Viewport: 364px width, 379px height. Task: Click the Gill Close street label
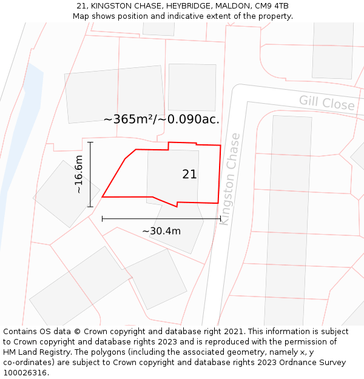[x=326, y=102]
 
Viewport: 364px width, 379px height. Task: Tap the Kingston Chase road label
[x=230, y=179]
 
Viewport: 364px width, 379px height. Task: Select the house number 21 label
[x=189, y=175]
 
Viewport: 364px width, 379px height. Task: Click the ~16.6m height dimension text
[x=78, y=175]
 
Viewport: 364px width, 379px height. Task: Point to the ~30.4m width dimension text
[x=161, y=231]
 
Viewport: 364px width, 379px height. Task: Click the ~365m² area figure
[x=129, y=119]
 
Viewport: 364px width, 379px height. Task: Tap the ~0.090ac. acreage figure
[x=190, y=119]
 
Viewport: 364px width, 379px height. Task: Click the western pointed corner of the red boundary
[x=103, y=197]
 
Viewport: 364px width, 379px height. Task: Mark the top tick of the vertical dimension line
[x=90, y=143]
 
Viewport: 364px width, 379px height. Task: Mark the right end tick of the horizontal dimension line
[x=220, y=218]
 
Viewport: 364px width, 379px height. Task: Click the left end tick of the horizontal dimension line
[x=103, y=218]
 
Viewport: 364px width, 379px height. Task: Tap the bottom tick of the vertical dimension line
[x=90, y=207]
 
